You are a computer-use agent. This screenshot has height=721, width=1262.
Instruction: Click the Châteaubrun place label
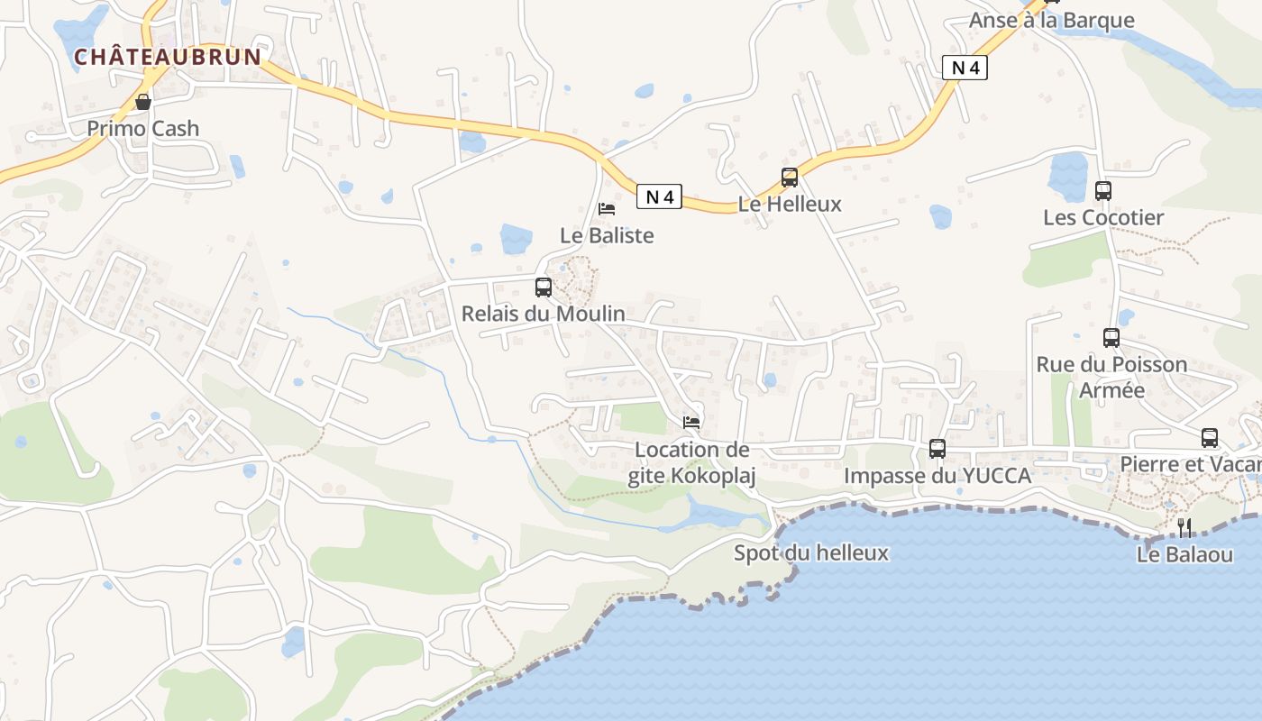[168, 57]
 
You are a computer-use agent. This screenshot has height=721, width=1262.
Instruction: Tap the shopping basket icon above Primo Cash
[143, 102]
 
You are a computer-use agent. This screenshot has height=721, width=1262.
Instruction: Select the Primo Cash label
[143, 129]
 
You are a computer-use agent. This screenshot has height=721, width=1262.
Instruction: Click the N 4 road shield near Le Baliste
[659, 196]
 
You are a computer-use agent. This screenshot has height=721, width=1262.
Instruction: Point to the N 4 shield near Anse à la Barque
[965, 68]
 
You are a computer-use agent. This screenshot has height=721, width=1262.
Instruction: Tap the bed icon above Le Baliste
[607, 209]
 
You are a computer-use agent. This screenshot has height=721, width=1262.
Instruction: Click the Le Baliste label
[607, 236]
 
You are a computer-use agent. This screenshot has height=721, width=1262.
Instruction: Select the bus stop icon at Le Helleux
[790, 178]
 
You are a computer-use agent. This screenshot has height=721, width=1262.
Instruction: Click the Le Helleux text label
[790, 205]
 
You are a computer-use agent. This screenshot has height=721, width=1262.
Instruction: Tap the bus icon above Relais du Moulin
[544, 287]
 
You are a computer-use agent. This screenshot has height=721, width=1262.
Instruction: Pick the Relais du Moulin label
[544, 314]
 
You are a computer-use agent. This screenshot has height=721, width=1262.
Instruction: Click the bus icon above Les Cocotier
[1103, 191]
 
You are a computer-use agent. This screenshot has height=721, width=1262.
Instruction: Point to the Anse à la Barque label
[1051, 21]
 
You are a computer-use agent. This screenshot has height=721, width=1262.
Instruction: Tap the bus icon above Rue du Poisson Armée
[1111, 338]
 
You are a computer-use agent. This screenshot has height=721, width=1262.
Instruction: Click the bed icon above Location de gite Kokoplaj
[691, 422]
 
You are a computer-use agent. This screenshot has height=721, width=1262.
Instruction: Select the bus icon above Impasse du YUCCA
[937, 449]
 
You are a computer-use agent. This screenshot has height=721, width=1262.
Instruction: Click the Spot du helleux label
[811, 553]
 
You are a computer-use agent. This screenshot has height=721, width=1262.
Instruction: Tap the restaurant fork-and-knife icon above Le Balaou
[1184, 528]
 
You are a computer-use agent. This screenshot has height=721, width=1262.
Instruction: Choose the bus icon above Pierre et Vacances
[1210, 438]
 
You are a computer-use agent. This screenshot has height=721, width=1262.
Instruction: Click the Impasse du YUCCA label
[937, 476]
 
